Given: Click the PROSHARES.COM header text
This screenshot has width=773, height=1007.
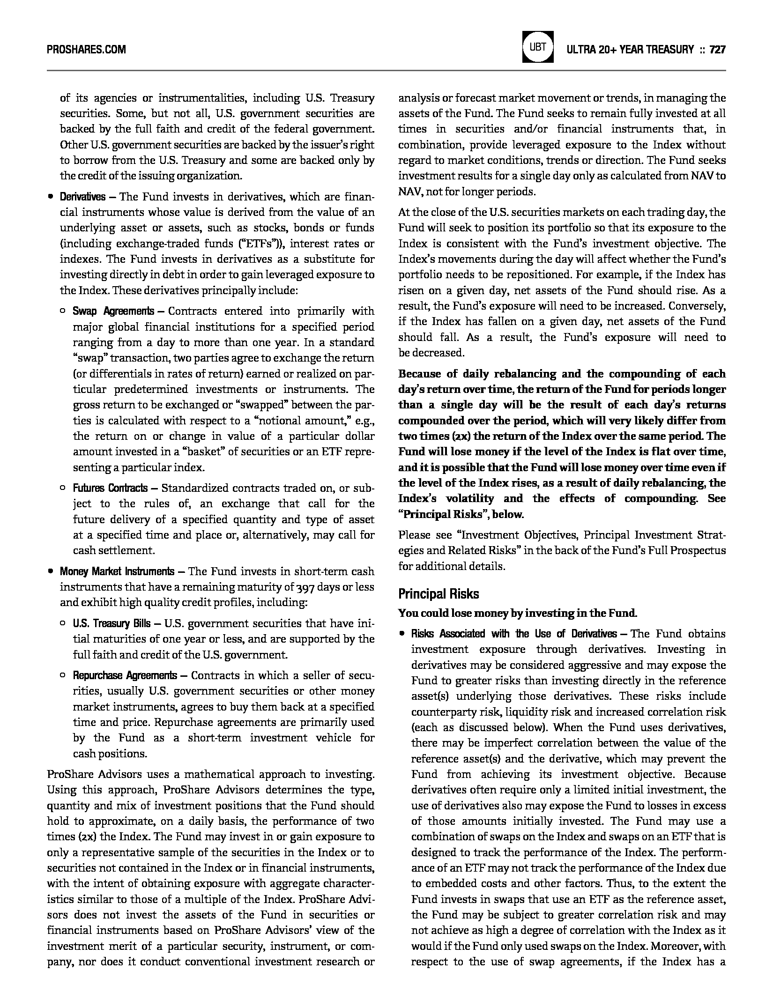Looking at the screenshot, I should pos(86,49).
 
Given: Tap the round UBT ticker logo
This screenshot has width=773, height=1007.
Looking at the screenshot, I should pos(538,47).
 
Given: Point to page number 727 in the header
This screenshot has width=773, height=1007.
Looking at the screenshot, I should pos(717,49).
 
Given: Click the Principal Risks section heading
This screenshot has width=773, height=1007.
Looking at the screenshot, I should pos(439,594).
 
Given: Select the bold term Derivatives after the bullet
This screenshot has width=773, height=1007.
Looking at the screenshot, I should pos(82,197).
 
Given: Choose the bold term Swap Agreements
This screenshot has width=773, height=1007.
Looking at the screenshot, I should pos(113,311).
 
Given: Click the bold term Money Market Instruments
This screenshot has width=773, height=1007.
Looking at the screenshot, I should pos(117,572).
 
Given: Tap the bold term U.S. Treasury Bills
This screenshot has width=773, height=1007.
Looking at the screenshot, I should pos(111,624).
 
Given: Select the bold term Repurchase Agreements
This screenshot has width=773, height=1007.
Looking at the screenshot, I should pos(125,676).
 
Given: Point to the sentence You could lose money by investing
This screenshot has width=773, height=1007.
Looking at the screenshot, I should pos(517,613).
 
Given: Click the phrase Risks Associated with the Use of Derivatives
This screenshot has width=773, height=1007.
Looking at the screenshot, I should pos(514,634).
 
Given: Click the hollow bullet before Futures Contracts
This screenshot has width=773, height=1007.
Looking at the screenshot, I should pos(63,488).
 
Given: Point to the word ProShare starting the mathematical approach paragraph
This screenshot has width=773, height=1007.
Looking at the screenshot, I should pos(69,775).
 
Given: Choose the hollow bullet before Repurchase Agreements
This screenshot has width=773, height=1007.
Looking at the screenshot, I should pos(63,675).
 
